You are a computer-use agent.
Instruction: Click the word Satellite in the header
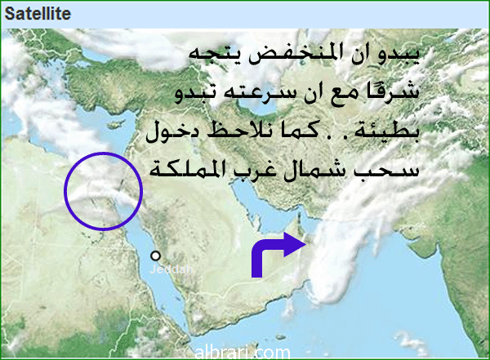[38, 14]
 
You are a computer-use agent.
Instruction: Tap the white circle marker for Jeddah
[155, 256]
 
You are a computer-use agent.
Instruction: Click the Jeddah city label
[171, 269]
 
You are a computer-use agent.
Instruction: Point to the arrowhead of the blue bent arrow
[296, 245]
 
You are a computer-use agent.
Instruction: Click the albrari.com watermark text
[243, 353]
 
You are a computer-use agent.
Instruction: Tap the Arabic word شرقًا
[393, 91]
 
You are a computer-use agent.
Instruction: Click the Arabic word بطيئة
[386, 131]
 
